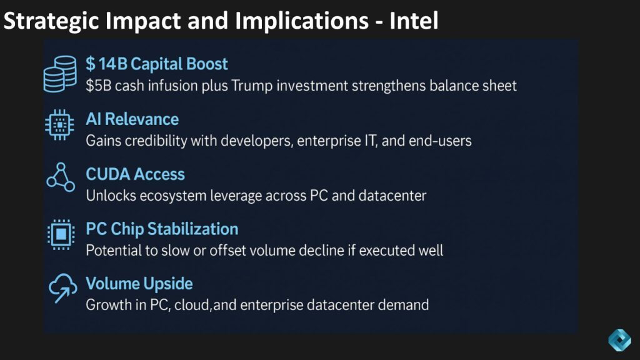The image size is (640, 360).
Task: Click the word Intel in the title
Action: [414, 21]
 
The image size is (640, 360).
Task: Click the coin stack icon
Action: [61, 74]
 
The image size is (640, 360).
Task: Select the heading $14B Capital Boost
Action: [157, 64]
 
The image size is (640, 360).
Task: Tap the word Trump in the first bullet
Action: [252, 86]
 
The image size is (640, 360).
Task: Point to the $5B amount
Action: [98, 86]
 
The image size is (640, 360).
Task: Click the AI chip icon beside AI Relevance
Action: [59, 125]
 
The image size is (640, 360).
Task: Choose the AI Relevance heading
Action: [132, 119]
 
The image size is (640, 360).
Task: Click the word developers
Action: [257, 141]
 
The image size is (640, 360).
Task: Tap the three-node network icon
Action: [61, 177]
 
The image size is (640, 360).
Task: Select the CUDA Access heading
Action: [135, 174]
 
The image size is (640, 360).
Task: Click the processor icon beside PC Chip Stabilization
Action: [61, 234]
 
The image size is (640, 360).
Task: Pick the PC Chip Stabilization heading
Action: [162, 229]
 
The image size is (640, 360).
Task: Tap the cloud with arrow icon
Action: [62, 288]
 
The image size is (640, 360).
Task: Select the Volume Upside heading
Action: [139, 284]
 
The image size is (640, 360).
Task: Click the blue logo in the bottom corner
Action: [619, 339]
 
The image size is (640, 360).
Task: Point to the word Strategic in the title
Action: [51, 21]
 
